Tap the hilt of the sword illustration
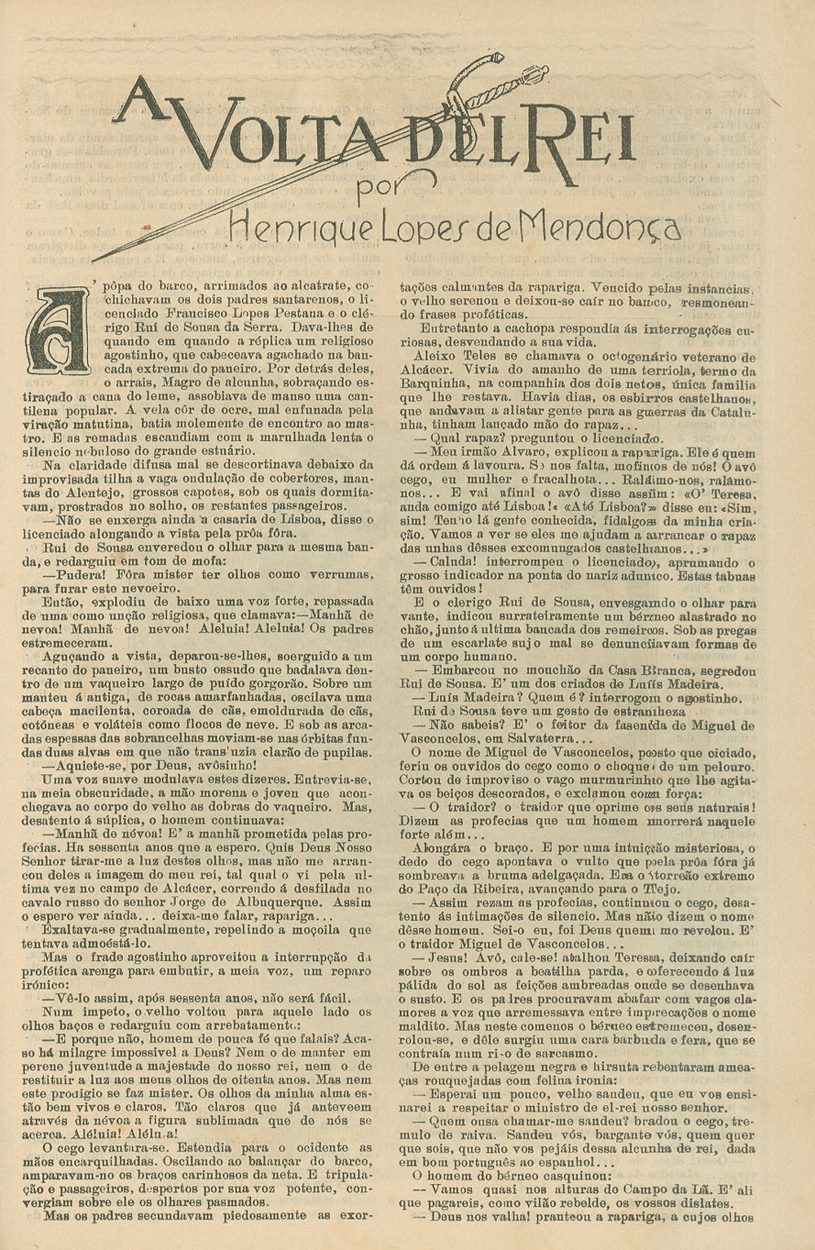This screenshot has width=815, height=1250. pyautogui.click(x=489, y=81)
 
